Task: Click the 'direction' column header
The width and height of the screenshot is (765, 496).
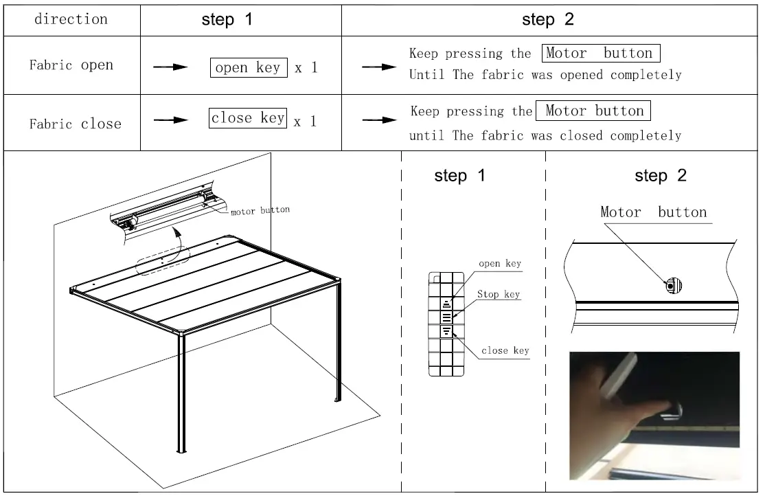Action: (71, 19)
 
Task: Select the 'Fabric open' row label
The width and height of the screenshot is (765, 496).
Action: (71, 65)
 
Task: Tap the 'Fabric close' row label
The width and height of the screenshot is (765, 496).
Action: (75, 124)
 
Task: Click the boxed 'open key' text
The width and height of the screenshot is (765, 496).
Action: (248, 67)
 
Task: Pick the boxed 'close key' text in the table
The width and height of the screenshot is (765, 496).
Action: (248, 118)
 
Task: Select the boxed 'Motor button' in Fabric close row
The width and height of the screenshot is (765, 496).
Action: (594, 111)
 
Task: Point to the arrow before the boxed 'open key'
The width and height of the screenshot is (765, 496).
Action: (170, 67)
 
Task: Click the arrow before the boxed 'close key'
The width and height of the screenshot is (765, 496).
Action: (170, 120)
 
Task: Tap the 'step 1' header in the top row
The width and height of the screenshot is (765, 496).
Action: (227, 19)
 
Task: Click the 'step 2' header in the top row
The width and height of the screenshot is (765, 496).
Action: (547, 19)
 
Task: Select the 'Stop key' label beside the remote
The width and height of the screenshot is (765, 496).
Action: (499, 295)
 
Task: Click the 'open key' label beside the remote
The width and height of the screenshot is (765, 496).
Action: (499, 263)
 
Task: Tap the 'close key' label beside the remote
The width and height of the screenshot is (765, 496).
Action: (505, 350)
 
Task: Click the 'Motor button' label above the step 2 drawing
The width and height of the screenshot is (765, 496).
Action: (653, 212)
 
